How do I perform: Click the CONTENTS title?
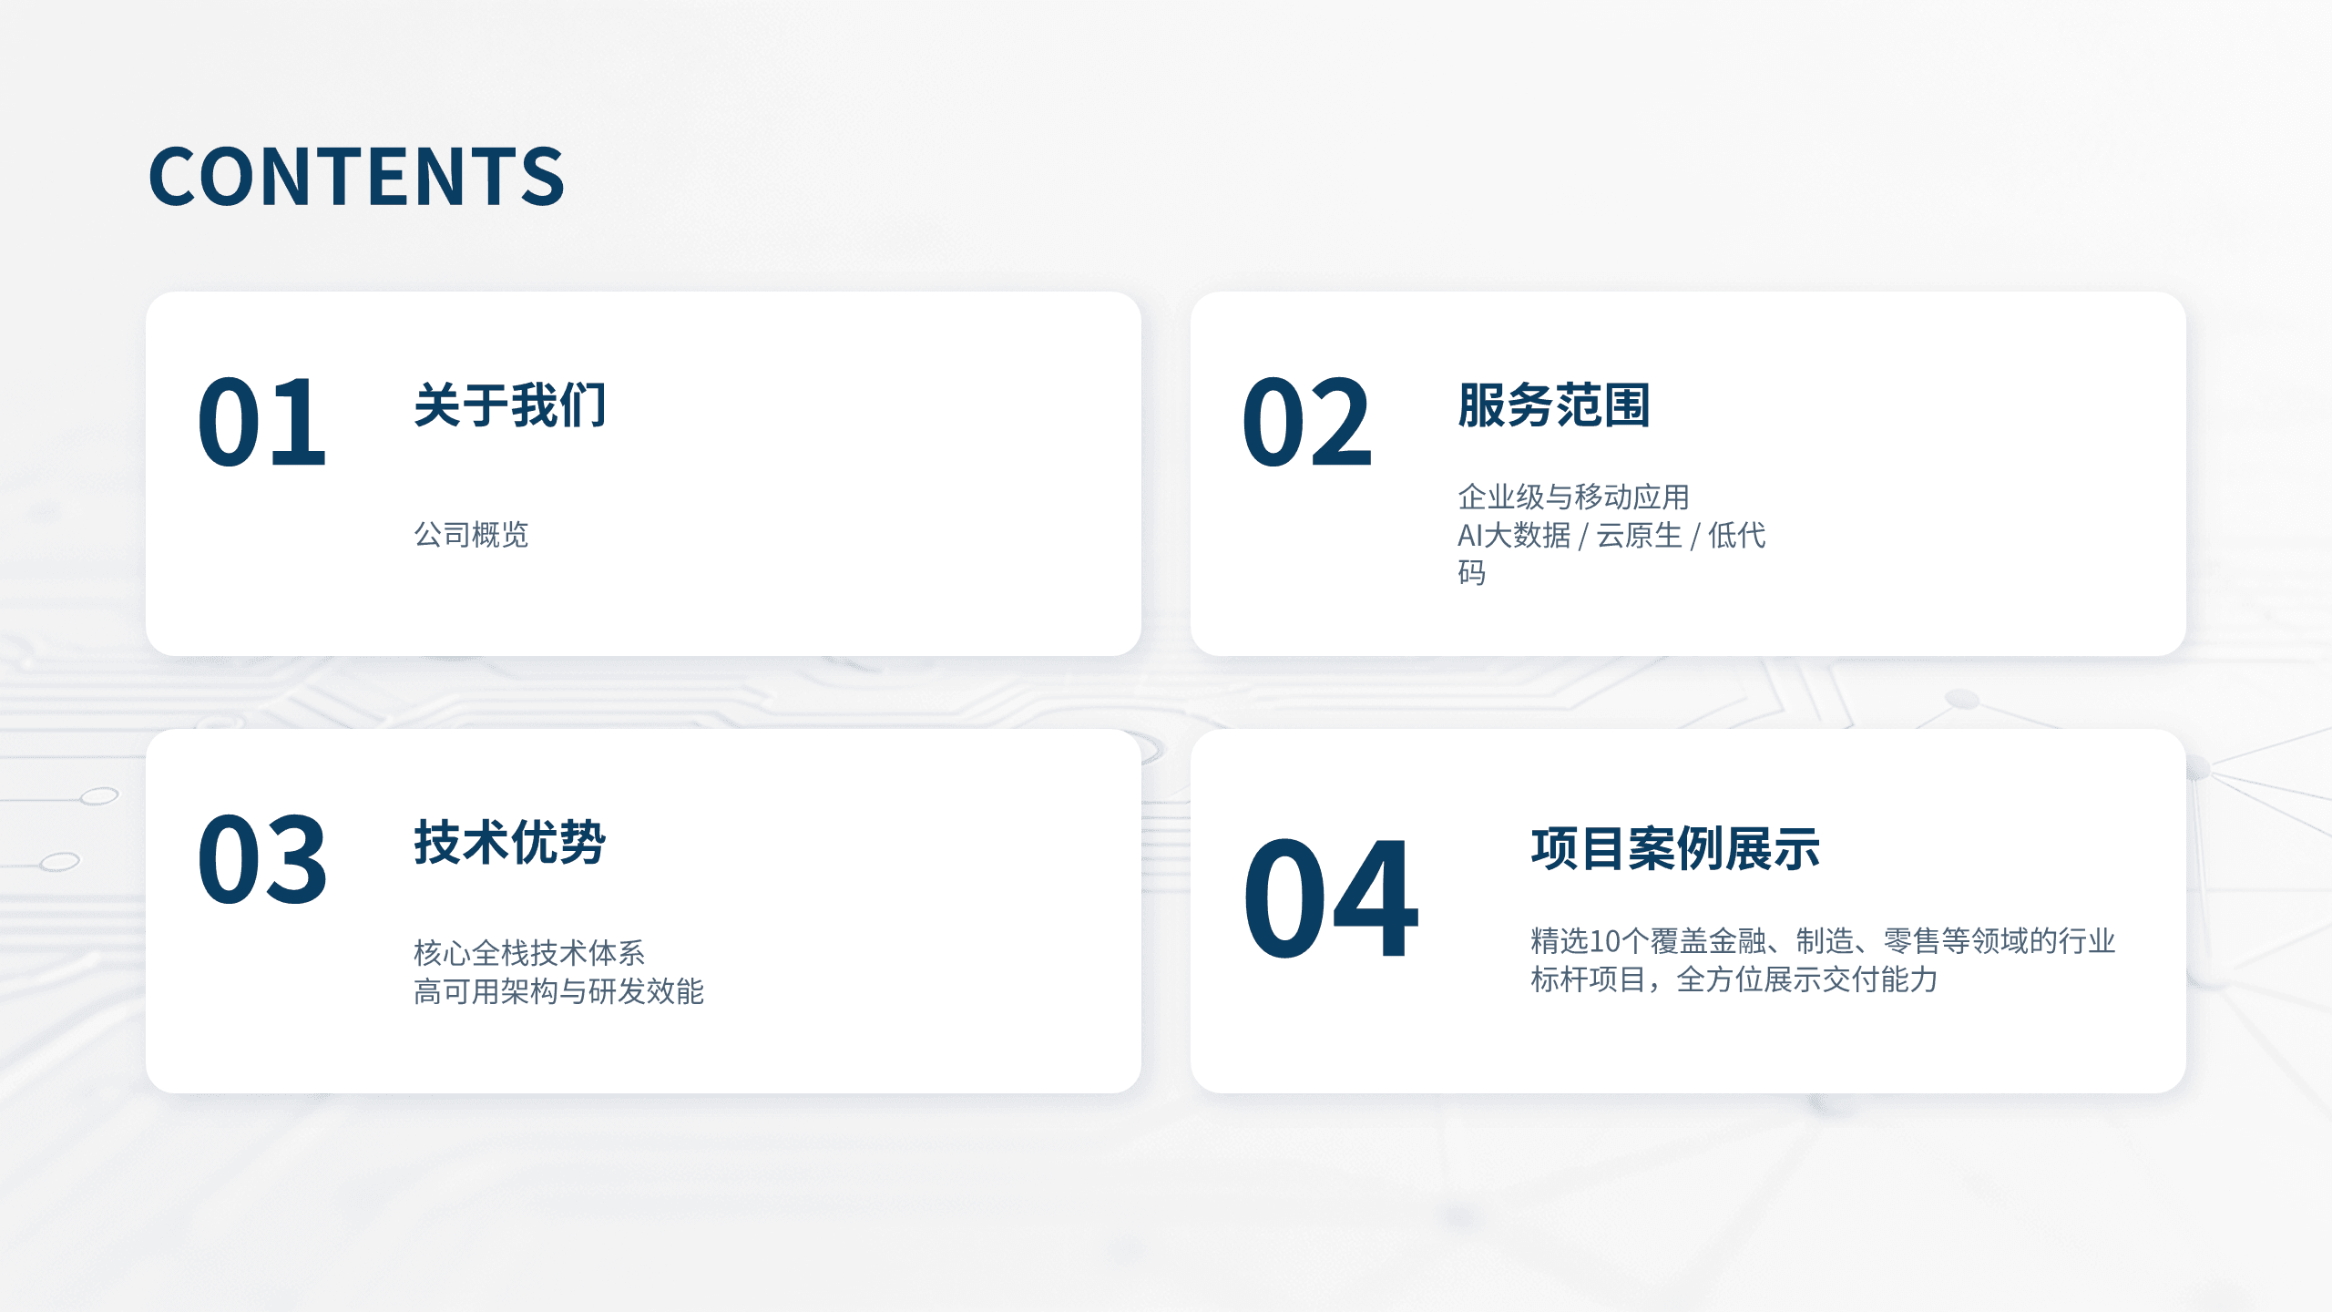pyautogui.click(x=356, y=176)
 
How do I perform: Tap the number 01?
pyautogui.click(x=261, y=422)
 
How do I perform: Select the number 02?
pyautogui.click(x=1306, y=422)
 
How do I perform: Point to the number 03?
pyautogui.click(x=261, y=859)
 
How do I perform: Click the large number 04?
pyautogui.click(x=1330, y=898)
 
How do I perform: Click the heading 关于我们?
pyautogui.click(x=510, y=405)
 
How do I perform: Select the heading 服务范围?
pyautogui.click(x=1554, y=405)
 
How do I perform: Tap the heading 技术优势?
pyautogui.click(x=510, y=842)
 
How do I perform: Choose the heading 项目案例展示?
pyautogui.click(x=1675, y=848)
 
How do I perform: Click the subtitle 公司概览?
pyautogui.click(x=471, y=535)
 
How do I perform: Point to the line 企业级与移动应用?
pyautogui.click(x=1573, y=497)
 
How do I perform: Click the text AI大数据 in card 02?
pyautogui.click(x=1514, y=535)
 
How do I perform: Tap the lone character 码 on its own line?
pyautogui.click(x=1472, y=573)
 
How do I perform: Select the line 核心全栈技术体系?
pyautogui.click(x=529, y=953)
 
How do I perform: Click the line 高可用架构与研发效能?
pyautogui.click(x=558, y=991)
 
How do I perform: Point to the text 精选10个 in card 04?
pyautogui.click(x=1589, y=941)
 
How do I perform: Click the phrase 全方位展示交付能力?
pyautogui.click(x=1806, y=979)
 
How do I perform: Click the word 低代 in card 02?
pyautogui.click(x=1736, y=535)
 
